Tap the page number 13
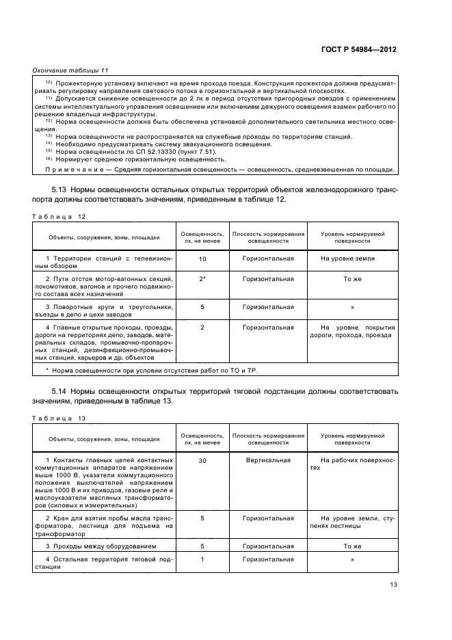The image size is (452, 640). click(x=393, y=584)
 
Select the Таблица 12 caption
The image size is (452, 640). click(x=59, y=216)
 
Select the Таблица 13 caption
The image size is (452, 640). click(x=59, y=418)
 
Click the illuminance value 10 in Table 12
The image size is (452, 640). click(x=202, y=260)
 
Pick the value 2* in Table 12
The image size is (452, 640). click(x=202, y=279)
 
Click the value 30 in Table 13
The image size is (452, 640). click(x=202, y=461)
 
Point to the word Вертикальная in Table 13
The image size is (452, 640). click(x=268, y=461)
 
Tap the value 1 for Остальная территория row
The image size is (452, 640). click(x=202, y=559)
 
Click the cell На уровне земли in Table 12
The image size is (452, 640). click(x=351, y=259)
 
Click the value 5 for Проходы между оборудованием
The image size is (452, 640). click(x=202, y=546)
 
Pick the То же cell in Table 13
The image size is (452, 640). click(x=351, y=546)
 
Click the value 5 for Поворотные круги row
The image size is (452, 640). click(x=202, y=307)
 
